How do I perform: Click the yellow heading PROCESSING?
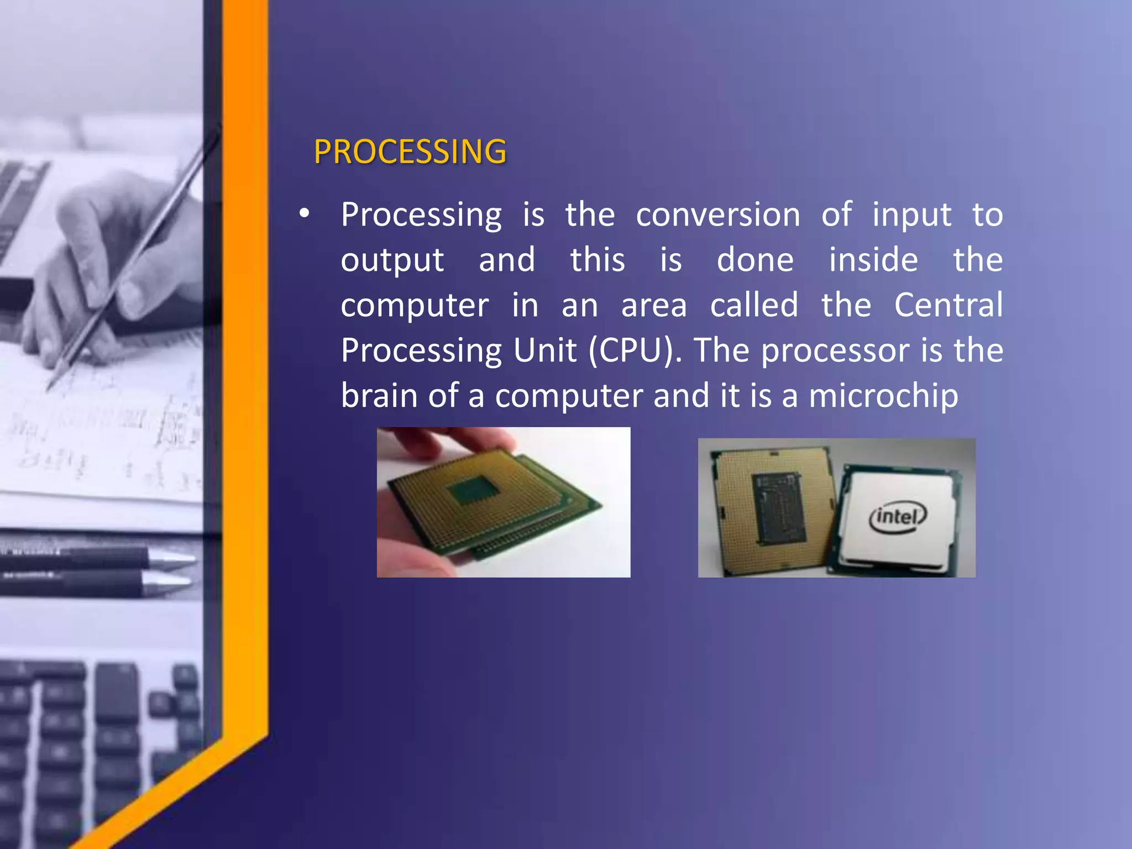tap(410, 151)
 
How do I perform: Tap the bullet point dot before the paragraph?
tap(304, 214)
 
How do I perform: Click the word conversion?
tap(717, 214)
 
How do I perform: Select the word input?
tap(912, 216)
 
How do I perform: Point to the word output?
tap(392, 260)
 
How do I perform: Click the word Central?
tap(948, 305)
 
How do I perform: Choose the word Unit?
tap(544, 350)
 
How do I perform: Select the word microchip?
tap(883, 396)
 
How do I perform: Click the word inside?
tap(873, 260)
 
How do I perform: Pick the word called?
tap(754, 305)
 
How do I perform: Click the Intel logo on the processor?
tap(898, 517)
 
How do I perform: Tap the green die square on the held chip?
tap(474, 490)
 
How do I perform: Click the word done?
tap(755, 260)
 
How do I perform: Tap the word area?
tap(653, 306)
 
